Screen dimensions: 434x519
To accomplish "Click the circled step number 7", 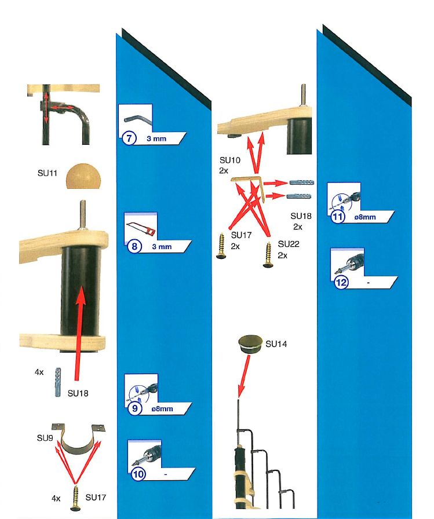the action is (x=129, y=138).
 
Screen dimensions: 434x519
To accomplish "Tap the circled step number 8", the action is (x=134, y=246).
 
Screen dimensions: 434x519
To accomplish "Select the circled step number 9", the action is (x=135, y=408).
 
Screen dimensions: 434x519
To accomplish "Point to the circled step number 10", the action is (x=138, y=474).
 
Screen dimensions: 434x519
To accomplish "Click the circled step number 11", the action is (x=337, y=217).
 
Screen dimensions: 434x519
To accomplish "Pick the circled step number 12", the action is (x=341, y=282).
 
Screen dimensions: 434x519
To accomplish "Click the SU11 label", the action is (x=48, y=173).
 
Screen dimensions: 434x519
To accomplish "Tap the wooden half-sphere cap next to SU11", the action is (x=83, y=177).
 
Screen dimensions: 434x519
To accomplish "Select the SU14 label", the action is (x=276, y=344).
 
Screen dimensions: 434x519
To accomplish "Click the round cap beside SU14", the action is (x=250, y=344).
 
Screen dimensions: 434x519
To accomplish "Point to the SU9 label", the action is (x=45, y=438).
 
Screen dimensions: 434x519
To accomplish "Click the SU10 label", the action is (x=230, y=160).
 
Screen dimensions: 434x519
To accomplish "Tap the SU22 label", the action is (x=289, y=244).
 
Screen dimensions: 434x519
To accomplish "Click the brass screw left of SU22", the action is (x=268, y=254).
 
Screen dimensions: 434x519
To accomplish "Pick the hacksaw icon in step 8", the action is (x=140, y=229).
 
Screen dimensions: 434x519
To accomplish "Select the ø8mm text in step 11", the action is (x=365, y=217).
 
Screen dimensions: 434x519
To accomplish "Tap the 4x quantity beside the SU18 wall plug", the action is (x=39, y=372).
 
